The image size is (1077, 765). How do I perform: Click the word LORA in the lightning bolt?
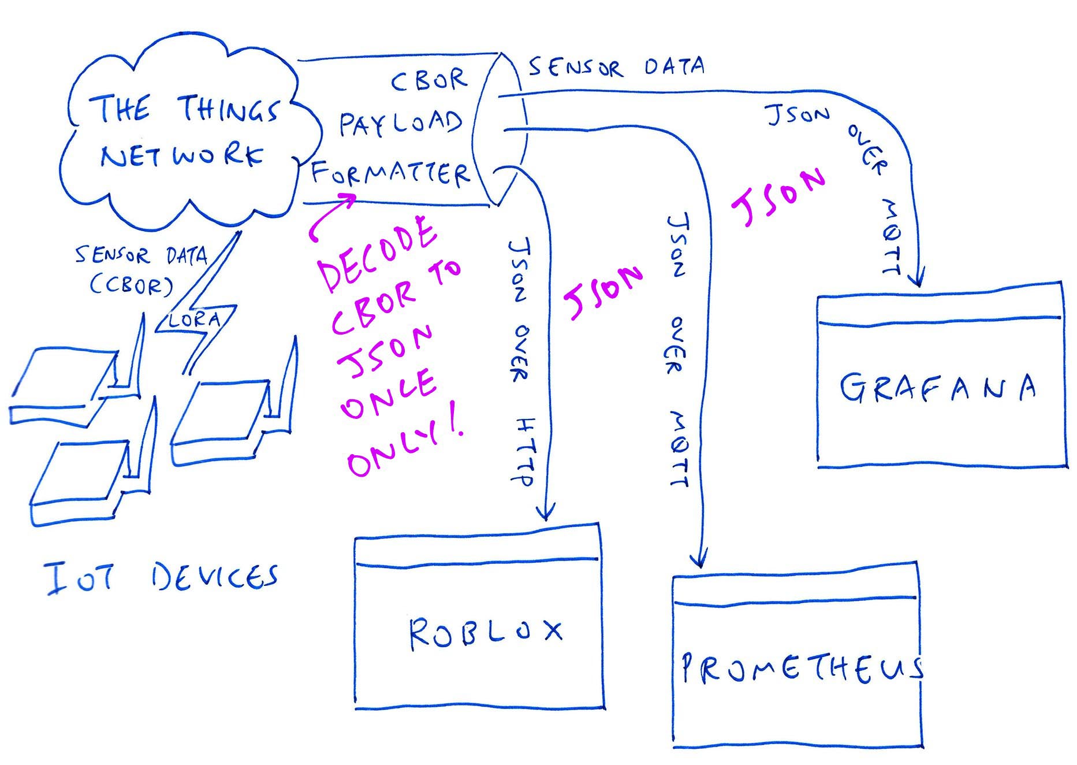[x=195, y=320]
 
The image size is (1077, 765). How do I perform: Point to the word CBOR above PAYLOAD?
[x=428, y=80]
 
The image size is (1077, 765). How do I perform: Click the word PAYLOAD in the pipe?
[x=401, y=123]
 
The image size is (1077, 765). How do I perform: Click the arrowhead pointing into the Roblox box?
[x=545, y=512]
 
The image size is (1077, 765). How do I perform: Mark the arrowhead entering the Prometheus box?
[x=699, y=559]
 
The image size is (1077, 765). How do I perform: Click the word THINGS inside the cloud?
[x=229, y=109]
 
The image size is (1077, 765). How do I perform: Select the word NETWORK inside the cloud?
[x=181, y=155]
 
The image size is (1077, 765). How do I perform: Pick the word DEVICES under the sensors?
[x=215, y=576]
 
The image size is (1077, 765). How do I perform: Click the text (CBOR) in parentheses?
[x=131, y=284]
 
